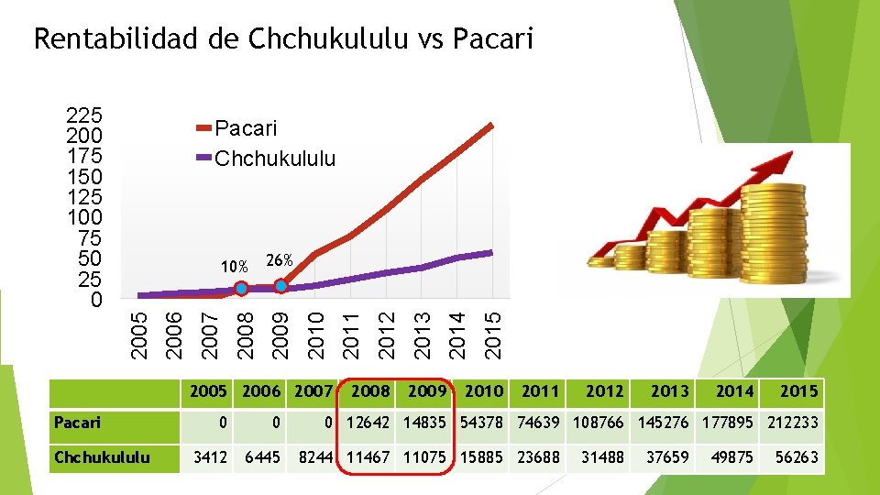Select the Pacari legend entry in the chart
pyautogui.click(x=245, y=129)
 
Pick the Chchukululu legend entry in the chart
pyautogui.click(x=274, y=159)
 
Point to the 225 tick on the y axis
pyautogui.click(x=84, y=116)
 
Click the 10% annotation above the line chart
pyautogui.click(x=234, y=267)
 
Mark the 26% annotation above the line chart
pyautogui.click(x=279, y=260)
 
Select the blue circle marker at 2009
pyautogui.click(x=281, y=286)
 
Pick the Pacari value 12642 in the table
pyautogui.click(x=369, y=423)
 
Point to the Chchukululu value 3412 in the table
pyautogui.click(x=209, y=456)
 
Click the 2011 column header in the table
pyautogui.click(x=540, y=391)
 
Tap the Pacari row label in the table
pyautogui.click(x=77, y=423)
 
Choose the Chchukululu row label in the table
pyautogui.click(x=101, y=456)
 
